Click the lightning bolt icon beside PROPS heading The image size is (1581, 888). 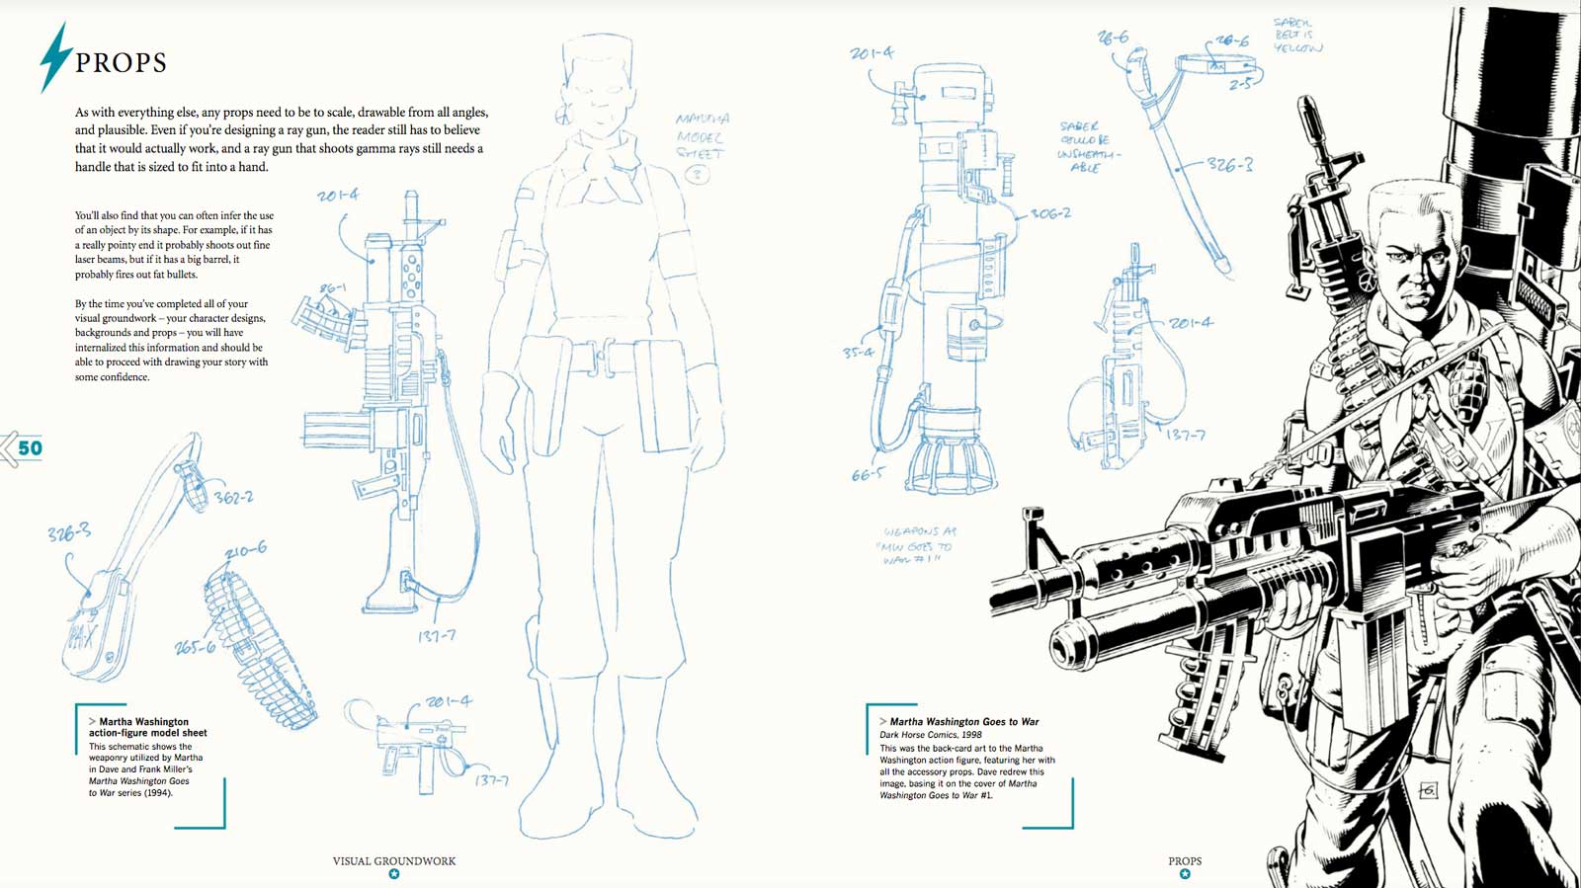tap(56, 57)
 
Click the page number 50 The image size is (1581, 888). tap(30, 448)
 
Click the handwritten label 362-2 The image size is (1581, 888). tap(233, 498)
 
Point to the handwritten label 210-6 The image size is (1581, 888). tap(245, 550)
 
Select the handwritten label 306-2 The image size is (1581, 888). tap(1049, 213)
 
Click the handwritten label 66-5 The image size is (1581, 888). tap(867, 475)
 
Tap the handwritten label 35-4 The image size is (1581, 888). tap(858, 353)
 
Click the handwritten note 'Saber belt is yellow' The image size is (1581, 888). tap(1297, 36)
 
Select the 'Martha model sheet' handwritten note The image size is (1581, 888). tap(702, 136)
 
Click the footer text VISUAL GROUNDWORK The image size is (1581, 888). tap(393, 861)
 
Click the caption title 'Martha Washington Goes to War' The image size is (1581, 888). tap(963, 722)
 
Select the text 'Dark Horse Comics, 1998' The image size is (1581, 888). tap(930, 735)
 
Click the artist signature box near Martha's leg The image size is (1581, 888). tap(1427, 790)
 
